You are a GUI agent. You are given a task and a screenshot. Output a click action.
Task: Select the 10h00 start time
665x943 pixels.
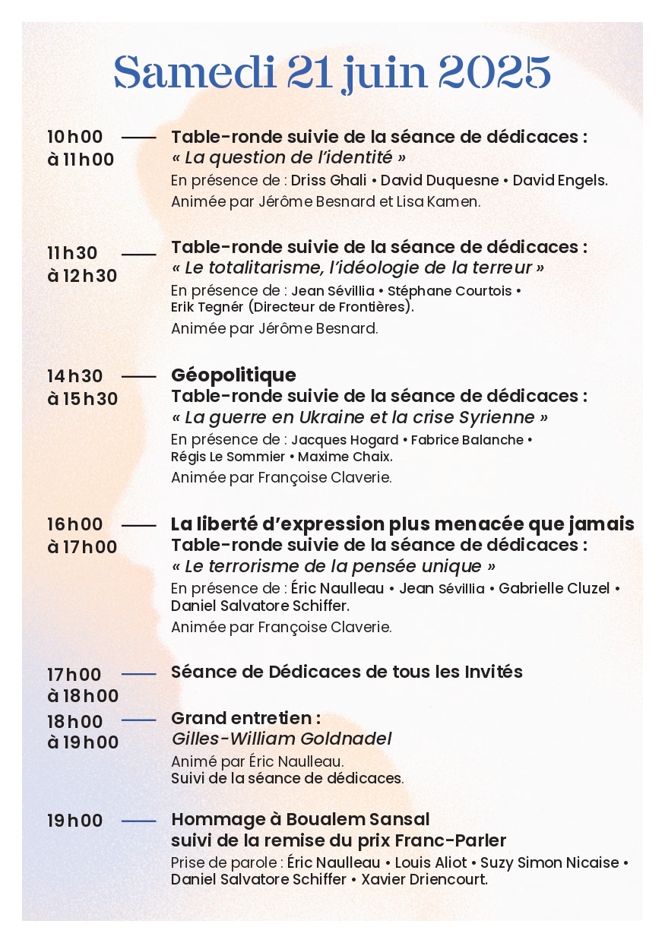pyautogui.click(x=74, y=137)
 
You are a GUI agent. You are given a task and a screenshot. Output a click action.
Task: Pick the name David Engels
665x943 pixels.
pyautogui.click(x=559, y=180)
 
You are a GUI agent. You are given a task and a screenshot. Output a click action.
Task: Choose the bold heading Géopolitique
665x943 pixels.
pyautogui.click(x=233, y=375)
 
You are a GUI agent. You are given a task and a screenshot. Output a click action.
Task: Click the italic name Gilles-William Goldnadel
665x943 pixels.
pyautogui.click(x=282, y=739)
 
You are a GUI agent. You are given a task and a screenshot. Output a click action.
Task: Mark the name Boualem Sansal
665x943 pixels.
pyautogui.click(x=357, y=819)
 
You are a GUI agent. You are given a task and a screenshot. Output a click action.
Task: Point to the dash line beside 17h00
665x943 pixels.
pyautogui.click(x=138, y=674)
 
